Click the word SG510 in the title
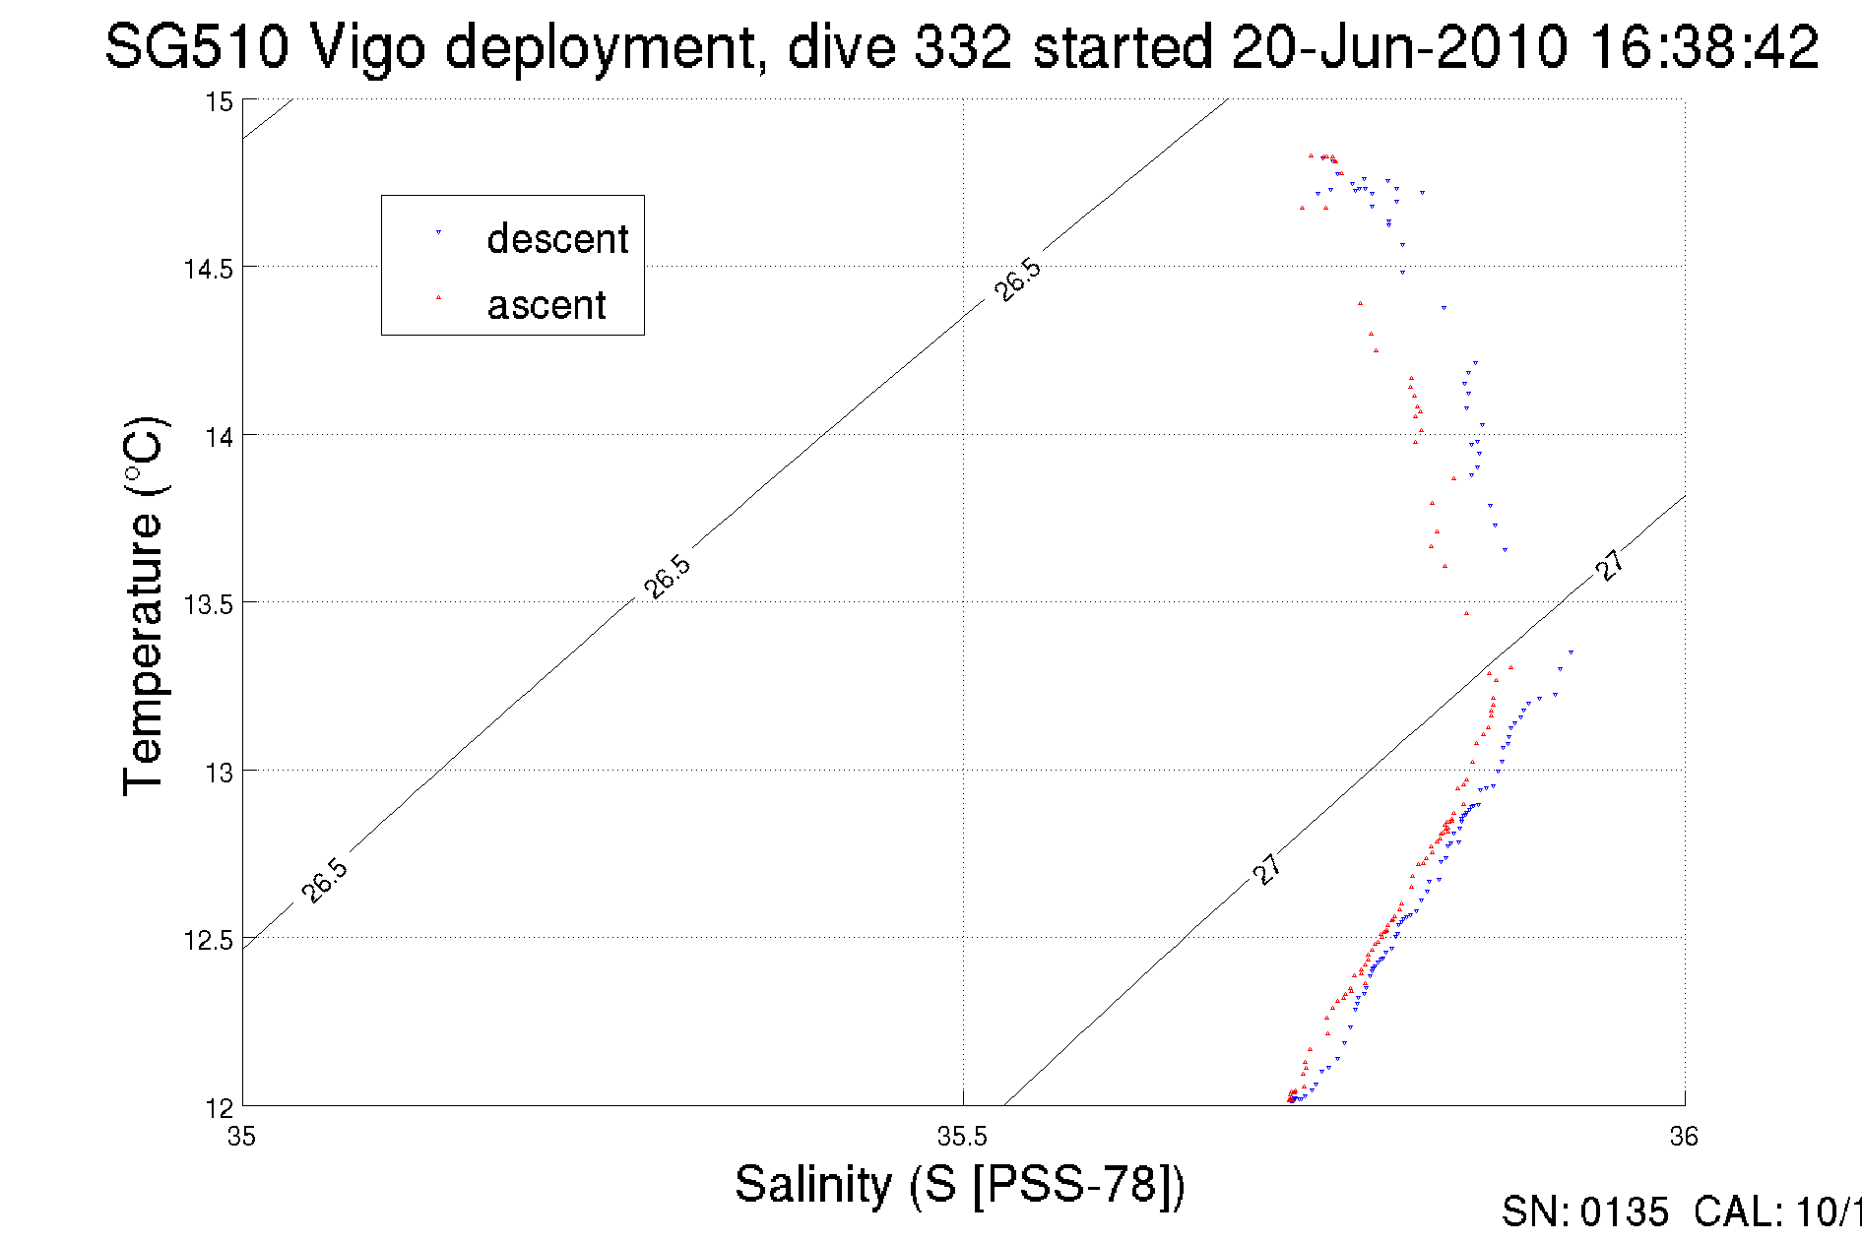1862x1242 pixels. (196, 46)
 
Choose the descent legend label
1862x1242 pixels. (557, 239)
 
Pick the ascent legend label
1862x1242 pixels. (546, 305)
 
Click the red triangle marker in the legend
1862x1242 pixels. (438, 297)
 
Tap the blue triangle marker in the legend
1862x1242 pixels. (438, 232)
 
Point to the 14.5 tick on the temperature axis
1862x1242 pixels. (208, 269)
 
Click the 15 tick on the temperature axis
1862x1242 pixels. (219, 101)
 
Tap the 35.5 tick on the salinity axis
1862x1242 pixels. (962, 1137)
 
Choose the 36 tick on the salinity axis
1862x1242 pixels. (1684, 1137)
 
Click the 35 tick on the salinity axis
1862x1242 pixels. (241, 1137)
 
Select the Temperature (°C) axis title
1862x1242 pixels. (144, 605)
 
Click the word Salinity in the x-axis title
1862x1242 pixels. (813, 1184)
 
